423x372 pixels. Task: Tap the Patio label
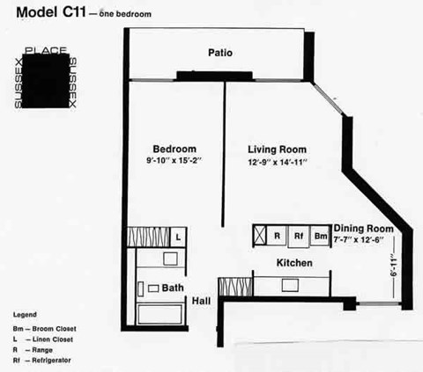[220, 53]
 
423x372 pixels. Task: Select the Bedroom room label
[174, 148]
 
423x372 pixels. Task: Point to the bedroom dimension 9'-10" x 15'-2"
[174, 161]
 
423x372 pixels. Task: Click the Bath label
[172, 288]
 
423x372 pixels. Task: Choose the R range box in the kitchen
[277, 236]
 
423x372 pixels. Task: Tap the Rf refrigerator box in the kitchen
[299, 236]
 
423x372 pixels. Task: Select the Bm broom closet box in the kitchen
[321, 236]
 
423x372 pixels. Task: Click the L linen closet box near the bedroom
[178, 236]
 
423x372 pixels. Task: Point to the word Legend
[25, 314]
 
